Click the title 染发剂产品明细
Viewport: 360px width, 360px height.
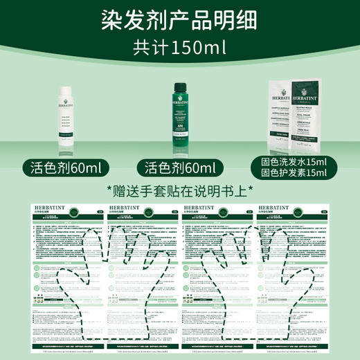coord(180,19)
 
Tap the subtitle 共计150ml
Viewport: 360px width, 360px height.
coord(180,49)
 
